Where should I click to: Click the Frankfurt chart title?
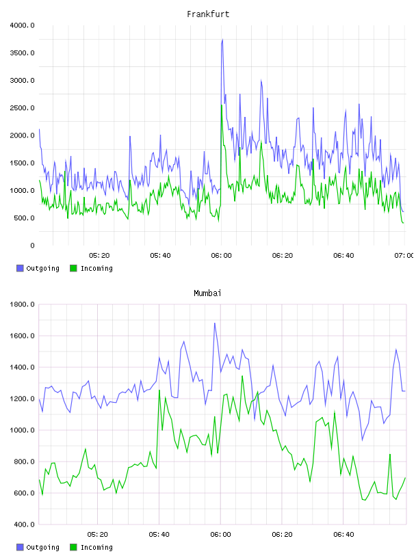pyautogui.click(x=208, y=14)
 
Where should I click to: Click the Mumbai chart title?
pyautogui.click(x=207, y=293)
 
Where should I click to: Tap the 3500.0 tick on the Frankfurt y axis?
pyautogui.click(x=22, y=53)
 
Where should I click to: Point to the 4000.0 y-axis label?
pyautogui.click(x=22, y=25)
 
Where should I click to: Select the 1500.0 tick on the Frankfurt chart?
pyautogui.click(x=22, y=163)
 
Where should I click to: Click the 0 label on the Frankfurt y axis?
pyautogui.click(x=32, y=245)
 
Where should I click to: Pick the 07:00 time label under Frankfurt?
pyautogui.click(x=404, y=256)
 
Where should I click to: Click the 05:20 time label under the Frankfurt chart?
pyautogui.click(x=99, y=256)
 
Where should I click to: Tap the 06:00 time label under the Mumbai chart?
pyautogui.click(x=221, y=535)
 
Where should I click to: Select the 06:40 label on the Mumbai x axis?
pyautogui.click(x=343, y=535)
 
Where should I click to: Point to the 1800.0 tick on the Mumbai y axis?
pyautogui.click(x=22, y=304)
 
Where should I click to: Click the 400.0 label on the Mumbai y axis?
pyautogui.click(x=25, y=524)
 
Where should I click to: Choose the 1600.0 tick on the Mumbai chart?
pyautogui.click(x=22, y=336)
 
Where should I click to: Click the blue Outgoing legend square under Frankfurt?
pyautogui.click(x=20, y=268)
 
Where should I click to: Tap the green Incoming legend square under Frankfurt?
pyautogui.click(x=73, y=268)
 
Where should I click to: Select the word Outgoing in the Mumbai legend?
pyautogui.click(x=42, y=547)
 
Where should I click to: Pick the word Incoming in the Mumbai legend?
pyautogui.click(x=96, y=547)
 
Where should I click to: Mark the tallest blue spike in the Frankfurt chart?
pyautogui.click(x=222, y=40)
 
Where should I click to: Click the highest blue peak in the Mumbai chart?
pyautogui.click(x=214, y=323)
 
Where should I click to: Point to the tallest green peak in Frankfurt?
pyautogui.click(x=222, y=105)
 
